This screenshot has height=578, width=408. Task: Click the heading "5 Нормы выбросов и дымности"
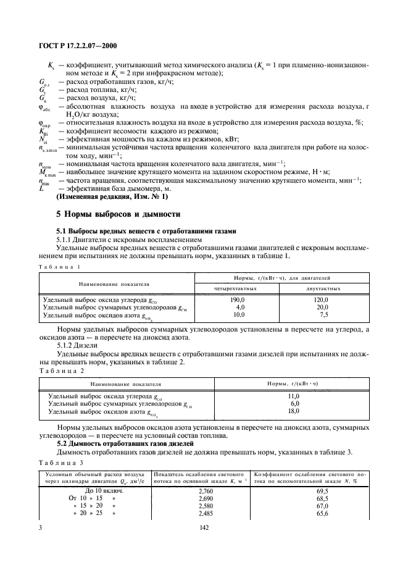tap(118, 214)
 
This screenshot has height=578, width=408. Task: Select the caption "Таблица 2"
tap(61, 370)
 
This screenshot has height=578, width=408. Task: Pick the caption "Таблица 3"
tap(61, 461)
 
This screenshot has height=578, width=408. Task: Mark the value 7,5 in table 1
tap(323, 314)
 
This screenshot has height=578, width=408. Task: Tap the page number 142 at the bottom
tap(203, 528)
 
